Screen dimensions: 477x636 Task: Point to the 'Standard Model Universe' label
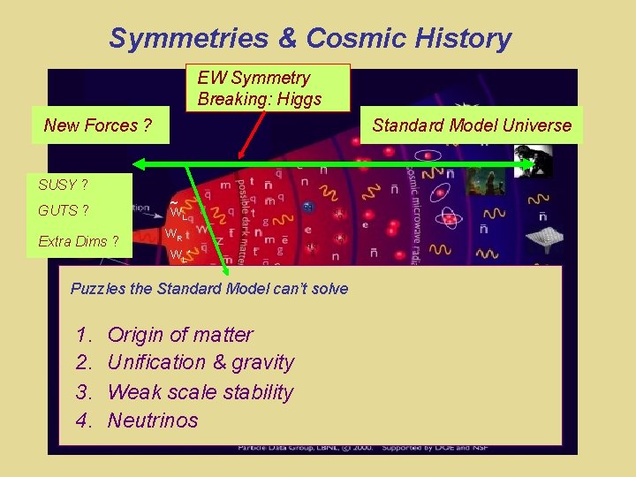pyautogui.click(x=472, y=125)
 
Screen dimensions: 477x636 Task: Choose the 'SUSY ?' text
pyautogui.click(x=63, y=185)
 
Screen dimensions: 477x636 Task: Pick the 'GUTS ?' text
pyautogui.click(x=63, y=211)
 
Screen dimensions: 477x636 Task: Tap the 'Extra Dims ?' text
pyautogui.click(x=79, y=241)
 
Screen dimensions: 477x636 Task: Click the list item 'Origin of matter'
pyautogui.click(x=179, y=335)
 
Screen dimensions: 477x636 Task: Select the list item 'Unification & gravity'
pyautogui.click(x=200, y=362)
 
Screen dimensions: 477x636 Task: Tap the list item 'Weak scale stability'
pyautogui.click(x=200, y=391)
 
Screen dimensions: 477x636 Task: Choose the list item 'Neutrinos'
pyautogui.click(x=153, y=420)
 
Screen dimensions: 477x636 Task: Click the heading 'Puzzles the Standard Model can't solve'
pyautogui.click(x=209, y=289)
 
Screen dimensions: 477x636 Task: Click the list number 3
pyautogui.click(x=84, y=391)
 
